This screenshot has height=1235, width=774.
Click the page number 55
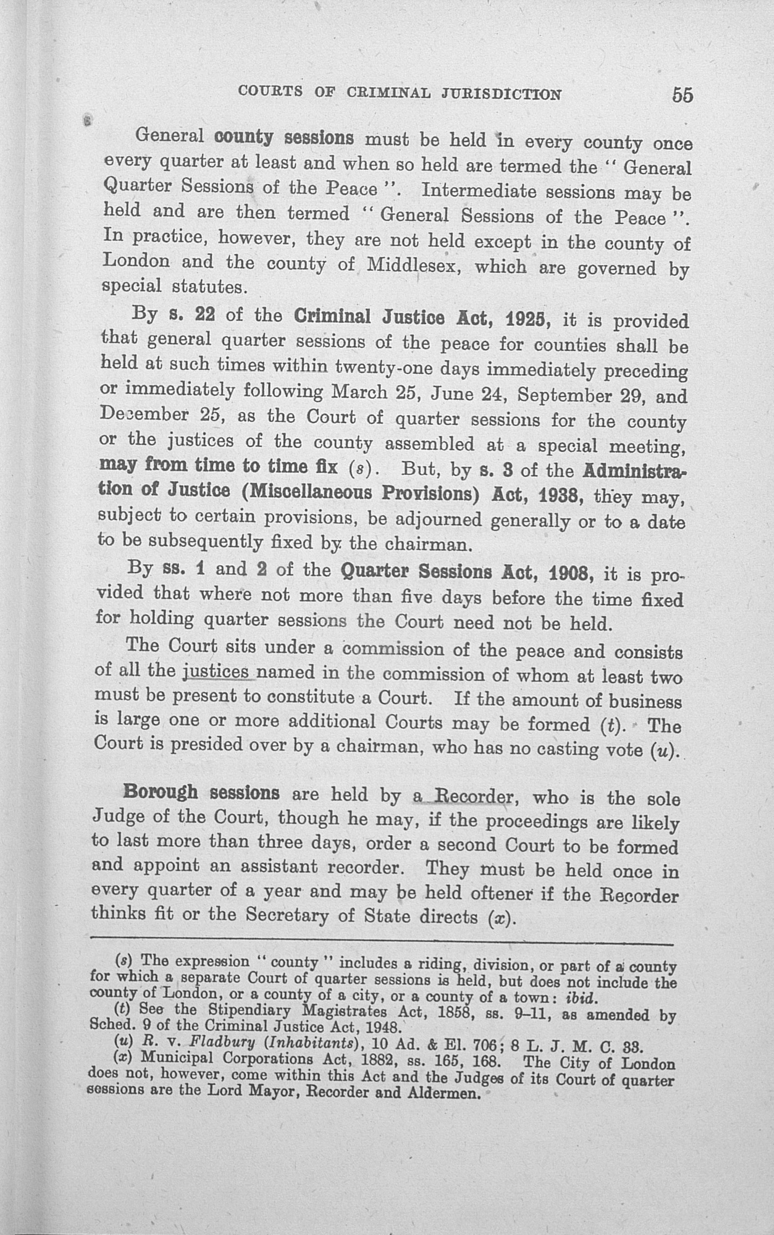coord(683,95)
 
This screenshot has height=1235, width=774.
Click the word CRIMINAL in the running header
coord(388,94)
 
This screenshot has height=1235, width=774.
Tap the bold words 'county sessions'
coord(284,138)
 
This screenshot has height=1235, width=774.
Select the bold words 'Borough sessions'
coord(201,793)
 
